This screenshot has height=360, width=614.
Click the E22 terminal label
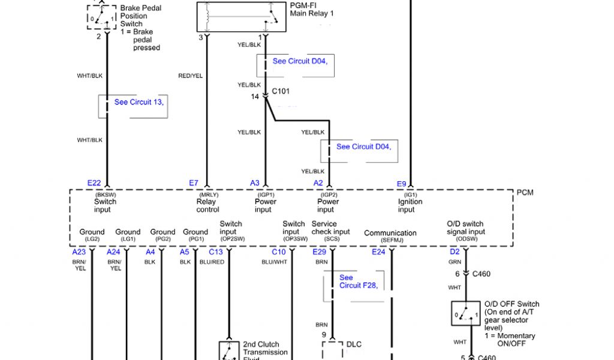(94, 183)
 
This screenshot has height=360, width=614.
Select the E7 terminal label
(194, 183)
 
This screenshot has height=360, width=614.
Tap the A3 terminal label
(255, 183)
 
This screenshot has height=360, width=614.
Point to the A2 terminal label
(318, 183)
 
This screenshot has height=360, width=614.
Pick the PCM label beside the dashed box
(525, 193)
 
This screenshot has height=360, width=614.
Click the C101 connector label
(281, 92)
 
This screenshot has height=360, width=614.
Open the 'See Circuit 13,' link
(139, 102)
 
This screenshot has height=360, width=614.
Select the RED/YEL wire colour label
(190, 76)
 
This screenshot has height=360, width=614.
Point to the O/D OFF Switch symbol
(465, 314)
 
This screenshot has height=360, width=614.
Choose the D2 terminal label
(455, 252)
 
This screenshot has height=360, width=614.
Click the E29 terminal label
(319, 252)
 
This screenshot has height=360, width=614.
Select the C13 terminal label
(215, 252)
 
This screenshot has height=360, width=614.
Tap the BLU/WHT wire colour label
(275, 262)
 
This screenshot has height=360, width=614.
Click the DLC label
(354, 344)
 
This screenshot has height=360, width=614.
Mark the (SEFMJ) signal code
(390, 240)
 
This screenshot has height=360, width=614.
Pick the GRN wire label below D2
(455, 262)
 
